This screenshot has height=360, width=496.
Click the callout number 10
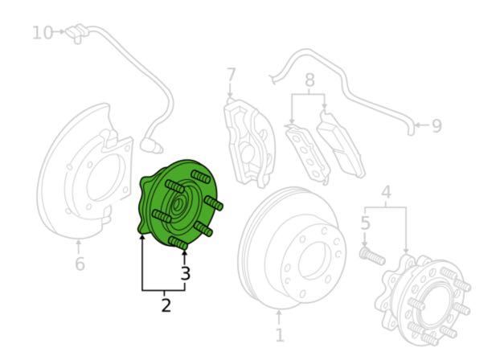pyautogui.click(x=43, y=33)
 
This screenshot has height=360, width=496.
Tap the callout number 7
pyautogui.click(x=232, y=76)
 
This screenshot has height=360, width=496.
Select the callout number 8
pyautogui.click(x=309, y=80)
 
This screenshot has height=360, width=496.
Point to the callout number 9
pyautogui.click(x=437, y=126)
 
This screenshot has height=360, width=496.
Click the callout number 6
pyautogui.click(x=80, y=264)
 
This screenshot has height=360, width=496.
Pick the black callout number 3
pyautogui.click(x=186, y=273)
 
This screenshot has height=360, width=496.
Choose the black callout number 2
pyautogui.click(x=166, y=305)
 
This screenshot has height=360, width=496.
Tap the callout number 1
pyautogui.click(x=280, y=335)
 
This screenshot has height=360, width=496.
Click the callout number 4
pyautogui.click(x=386, y=193)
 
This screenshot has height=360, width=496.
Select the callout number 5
pyautogui.click(x=365, y=223)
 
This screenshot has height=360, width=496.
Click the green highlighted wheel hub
pyautogui.click(x=179, y=204)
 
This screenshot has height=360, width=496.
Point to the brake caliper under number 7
pyautogui.click(x=249, y=142)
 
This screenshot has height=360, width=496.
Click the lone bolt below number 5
pyautogui.click(x=372, y=256)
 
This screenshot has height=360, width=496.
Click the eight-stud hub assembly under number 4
pyautogui.click(x=423, y=300)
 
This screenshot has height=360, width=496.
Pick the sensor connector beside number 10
pyautogui.click(x=76, y=33)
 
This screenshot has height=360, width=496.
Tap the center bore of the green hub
pyautogui.click(x=177, y=205)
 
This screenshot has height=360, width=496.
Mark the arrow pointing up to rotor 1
pyautogui.click(x=279, y=317)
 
